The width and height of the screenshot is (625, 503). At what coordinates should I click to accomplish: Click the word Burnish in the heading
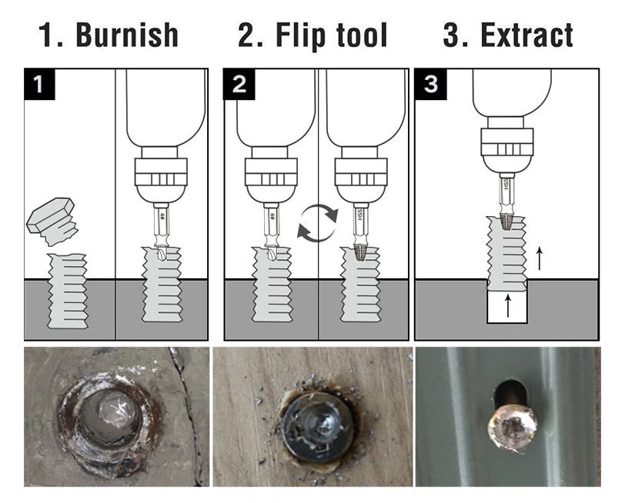pos(127,35)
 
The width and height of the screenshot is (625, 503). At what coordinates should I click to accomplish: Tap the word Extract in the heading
pos(527,35)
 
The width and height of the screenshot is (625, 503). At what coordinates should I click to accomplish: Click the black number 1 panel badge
pos(39,84)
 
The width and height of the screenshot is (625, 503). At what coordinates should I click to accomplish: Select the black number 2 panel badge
pos(239,84)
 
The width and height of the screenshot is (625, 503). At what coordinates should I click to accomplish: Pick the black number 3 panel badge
pos(431,84)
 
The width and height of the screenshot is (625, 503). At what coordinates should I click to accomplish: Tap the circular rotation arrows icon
pos(318,223)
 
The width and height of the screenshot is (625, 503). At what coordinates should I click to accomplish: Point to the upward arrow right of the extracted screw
pos(540,258)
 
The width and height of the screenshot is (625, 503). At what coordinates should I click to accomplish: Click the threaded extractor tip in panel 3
pos(506,221)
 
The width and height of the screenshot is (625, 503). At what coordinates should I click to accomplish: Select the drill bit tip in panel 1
pos(162,252)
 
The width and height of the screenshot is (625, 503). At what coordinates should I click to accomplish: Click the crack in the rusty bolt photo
pos(186,415)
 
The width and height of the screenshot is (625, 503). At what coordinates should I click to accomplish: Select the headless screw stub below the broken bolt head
pos(68,291)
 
